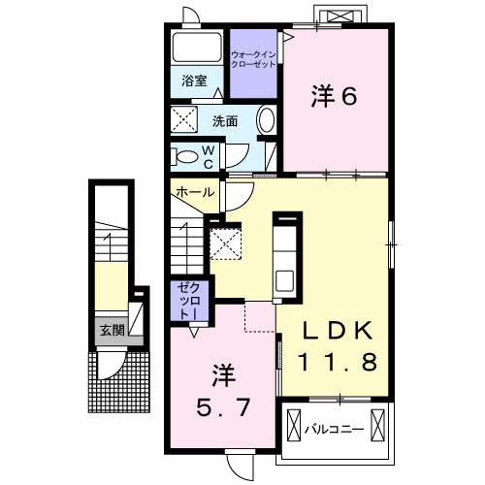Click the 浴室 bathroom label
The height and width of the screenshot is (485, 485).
pyautogui.click(x=194, y=82)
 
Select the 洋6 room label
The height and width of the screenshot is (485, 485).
pyautogui.click(x=335, y=95)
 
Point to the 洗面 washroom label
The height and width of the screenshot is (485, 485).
pyautogui.click(x=226, y=121)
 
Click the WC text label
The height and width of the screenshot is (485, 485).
pyautogui.click(x=208, y=155)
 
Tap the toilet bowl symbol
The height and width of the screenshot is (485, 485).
pyautogui.click(x=184, y=155)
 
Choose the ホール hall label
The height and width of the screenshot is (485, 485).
pyautogui.click(x=195, y=192)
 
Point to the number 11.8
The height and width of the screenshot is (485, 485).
pyautogui.click(x=336, y=364)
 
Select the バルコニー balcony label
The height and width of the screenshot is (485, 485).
pyautogui.click(x=335, y=427)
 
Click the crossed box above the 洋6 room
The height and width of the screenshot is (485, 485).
pyautogui.click(x=341, y=16)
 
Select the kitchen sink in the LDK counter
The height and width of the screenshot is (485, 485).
pyautogui.click(x=287, y=279)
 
